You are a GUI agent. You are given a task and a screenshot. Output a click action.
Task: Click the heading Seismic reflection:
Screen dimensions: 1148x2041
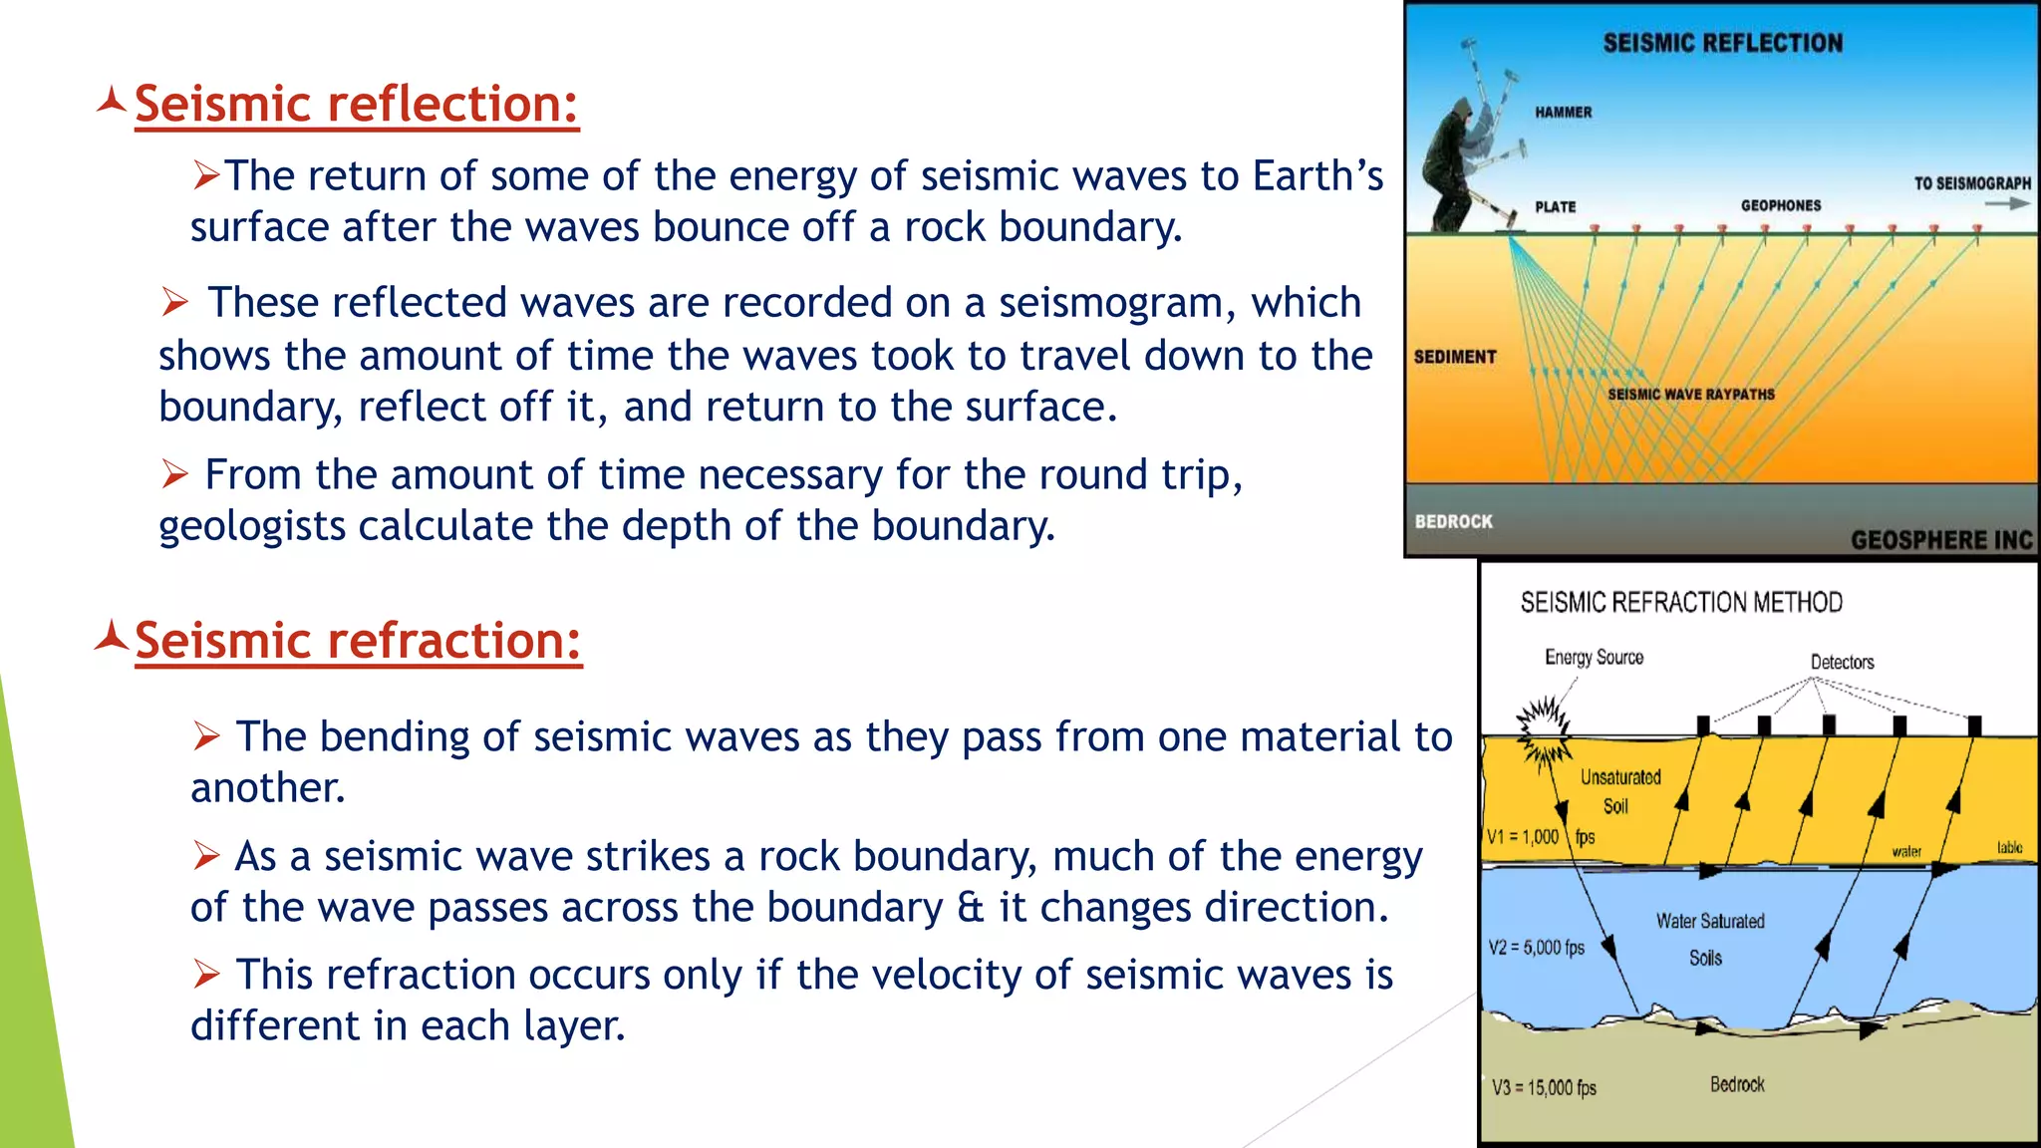pos(356,104)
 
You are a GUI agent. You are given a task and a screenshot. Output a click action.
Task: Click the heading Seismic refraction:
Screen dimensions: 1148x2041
pos(358,640)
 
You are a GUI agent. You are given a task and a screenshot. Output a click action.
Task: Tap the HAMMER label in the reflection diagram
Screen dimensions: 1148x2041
pos(1563,113)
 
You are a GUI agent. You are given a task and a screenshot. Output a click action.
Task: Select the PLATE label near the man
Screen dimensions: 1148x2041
pos(1555,207)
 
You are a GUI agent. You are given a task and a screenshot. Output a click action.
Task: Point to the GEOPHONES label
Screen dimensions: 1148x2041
pos(1780,205)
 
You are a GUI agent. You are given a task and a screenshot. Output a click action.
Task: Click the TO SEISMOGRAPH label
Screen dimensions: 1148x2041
pos(1971,183)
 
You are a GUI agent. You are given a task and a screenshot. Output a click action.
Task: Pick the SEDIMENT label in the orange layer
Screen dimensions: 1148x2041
pos(1454,357)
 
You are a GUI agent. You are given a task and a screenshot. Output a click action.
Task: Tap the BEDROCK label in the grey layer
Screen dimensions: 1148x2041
pos(1453,521)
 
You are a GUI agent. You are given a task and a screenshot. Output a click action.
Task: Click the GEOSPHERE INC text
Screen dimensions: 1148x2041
pos(1940,540)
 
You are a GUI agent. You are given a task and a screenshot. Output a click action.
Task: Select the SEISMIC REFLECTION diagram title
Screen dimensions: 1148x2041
pos(1722,43)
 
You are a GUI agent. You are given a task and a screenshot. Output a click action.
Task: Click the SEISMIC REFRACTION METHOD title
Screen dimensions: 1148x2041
pos(1680,602)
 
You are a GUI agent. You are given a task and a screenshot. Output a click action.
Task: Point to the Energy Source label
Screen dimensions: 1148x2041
pos(1594,658)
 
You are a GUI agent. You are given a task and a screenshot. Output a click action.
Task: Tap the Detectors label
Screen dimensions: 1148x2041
pos(1842,662)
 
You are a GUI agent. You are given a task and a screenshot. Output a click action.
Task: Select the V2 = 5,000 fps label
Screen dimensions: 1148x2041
pos(1536,947)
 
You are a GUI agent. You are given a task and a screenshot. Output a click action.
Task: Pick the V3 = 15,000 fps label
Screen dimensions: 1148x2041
pos(1543,1087)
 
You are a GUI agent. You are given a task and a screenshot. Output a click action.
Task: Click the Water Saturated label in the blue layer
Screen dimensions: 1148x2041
pos(1709,921)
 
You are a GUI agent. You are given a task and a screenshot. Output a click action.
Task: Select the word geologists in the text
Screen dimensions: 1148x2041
pos(252,526)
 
